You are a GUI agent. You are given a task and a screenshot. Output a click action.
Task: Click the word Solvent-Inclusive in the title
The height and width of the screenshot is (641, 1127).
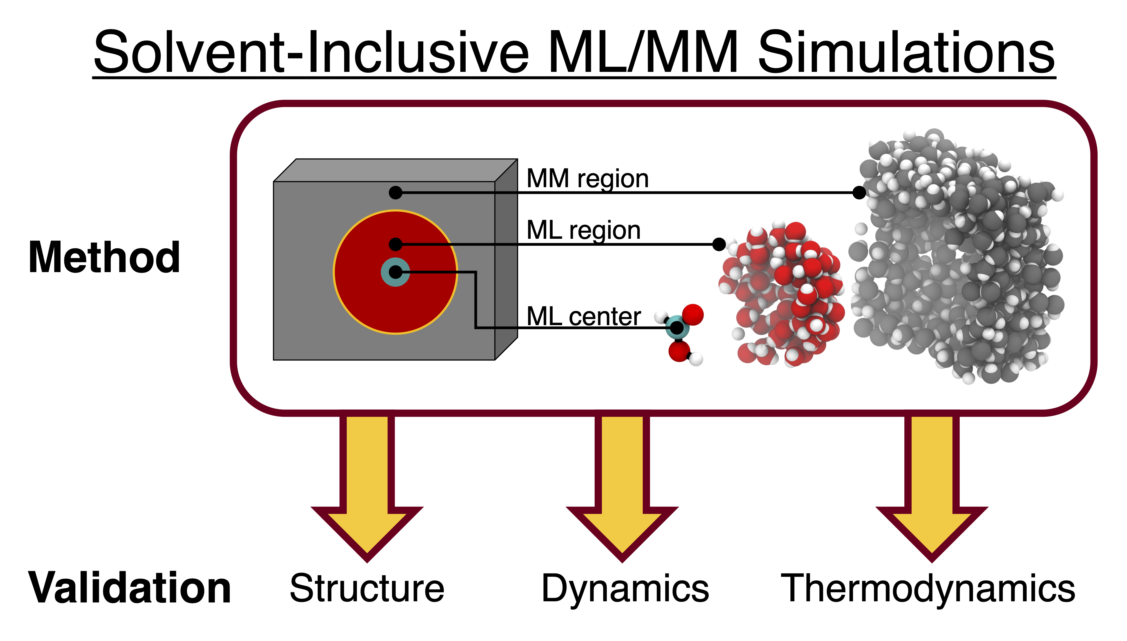[x=311, y=52]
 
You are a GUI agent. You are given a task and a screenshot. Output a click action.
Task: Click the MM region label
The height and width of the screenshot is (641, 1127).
[x=587, y=179]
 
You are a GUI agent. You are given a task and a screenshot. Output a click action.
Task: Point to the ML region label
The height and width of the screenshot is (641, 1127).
[x=584, y=230]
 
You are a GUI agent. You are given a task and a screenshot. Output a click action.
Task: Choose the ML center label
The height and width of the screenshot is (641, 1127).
[x=584, y=316]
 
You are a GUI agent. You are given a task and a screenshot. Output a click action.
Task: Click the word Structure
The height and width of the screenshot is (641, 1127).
[x=367, y=588]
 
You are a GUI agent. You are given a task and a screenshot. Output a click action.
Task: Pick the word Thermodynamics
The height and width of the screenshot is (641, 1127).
[x=928, y=588]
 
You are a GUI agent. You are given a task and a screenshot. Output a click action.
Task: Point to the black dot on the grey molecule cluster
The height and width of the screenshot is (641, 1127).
[x=859, y=192]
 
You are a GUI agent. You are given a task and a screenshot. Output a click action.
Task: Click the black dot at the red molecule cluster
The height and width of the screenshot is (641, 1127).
[x=719, y=244]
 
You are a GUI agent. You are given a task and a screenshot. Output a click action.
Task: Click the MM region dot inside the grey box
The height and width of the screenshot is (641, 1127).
[x=395, y=192]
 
